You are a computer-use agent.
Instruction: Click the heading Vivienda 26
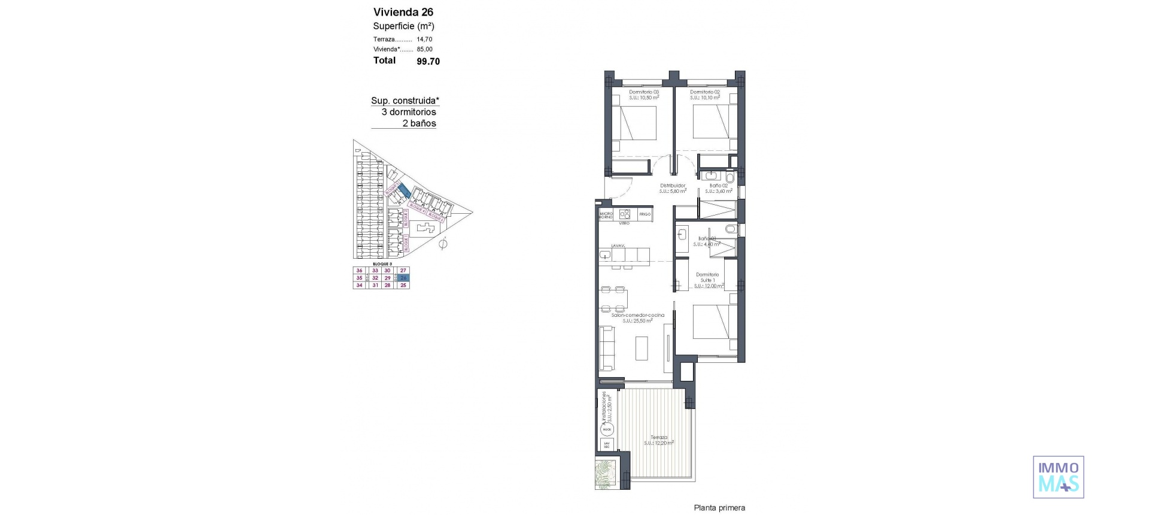[403, 12]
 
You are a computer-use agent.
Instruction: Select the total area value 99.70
[428, 61]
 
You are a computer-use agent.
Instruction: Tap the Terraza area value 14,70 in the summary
[424, 40]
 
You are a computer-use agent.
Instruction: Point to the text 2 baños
[419, 123]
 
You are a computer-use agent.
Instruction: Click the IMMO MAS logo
[1058, 477]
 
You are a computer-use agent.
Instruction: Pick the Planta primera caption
[719, 508]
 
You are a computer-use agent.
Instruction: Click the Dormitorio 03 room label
[644, 92]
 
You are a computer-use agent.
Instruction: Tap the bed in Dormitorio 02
[712, 123]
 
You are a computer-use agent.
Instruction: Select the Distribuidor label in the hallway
[673, 186]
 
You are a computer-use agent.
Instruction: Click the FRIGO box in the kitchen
[645, 214]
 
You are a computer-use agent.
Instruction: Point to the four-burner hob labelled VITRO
[625, 214]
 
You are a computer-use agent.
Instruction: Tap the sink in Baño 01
[682, 235]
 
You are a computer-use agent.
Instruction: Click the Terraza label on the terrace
[659, 438]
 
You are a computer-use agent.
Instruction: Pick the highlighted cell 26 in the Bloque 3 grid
[404, 278]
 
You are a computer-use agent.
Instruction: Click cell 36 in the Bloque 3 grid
[360, 271]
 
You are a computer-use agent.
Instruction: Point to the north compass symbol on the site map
[443, 244]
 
